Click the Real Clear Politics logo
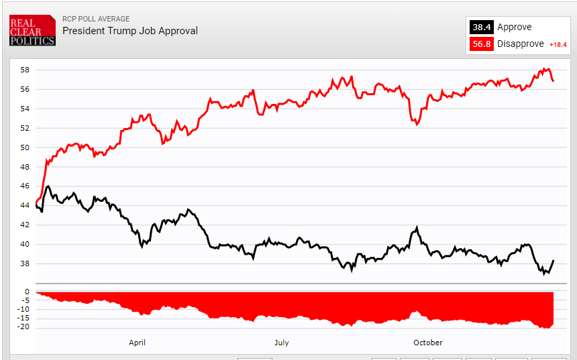tap(32, 30)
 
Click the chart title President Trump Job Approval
tap(130, 31)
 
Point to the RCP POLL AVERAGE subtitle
tap(96, 19)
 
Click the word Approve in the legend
tap(514, 27)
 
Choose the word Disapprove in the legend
tap(521, 44)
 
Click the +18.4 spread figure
tap(558, 45)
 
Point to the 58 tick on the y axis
tap(24, 70)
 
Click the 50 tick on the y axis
tap(24, 147)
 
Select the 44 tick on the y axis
tap(24, 206)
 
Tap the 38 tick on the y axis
tap(24, 264)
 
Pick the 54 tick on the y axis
tap(24, 109)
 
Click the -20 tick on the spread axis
tap(23, 328)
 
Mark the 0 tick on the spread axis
tap(27, 292)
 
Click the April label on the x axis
tap(137, 343)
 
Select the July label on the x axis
tap(281, 343)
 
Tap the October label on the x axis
tap(428, 343)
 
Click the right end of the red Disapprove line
tap(553, 81)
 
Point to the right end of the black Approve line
tap(554, 260)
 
